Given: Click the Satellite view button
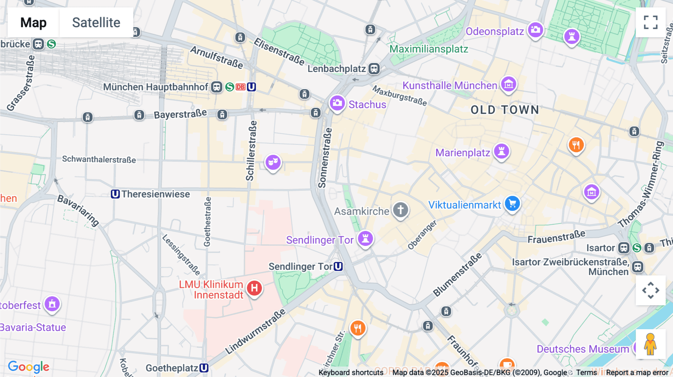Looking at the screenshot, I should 96,22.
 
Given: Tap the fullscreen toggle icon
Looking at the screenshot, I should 651,22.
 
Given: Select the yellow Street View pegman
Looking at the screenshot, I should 650,344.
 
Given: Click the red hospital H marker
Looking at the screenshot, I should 254,288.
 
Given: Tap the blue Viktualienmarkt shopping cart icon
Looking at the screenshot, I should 512,203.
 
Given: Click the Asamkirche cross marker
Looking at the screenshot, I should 400,210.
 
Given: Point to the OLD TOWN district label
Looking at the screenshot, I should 505,110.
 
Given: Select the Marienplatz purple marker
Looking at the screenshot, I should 501,151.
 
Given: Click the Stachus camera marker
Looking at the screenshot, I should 337,103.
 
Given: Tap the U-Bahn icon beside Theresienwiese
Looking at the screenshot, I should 115,194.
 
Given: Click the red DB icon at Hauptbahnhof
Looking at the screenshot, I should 240,87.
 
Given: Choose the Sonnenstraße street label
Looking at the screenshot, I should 325,158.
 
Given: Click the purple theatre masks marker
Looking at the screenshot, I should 273,162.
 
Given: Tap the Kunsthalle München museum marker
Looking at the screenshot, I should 508,85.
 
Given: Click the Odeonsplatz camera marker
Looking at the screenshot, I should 535,30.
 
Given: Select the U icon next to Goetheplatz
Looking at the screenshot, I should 204,368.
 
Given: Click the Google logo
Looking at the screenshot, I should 28,367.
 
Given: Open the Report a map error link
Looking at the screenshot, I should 637,373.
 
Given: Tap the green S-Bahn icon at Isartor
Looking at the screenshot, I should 637,248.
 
